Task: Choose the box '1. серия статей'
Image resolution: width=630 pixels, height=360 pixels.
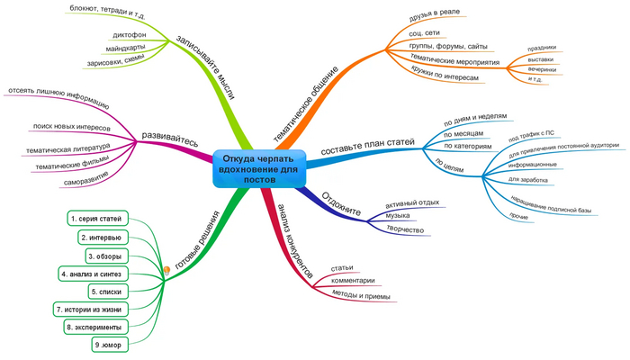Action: (x=99, y=219)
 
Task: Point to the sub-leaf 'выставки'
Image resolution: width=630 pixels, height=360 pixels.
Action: (x=542, y=59)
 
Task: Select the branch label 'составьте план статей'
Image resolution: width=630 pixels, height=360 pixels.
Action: (x=368, y=142)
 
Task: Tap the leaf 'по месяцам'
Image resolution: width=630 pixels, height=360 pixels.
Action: (x=464, y=131)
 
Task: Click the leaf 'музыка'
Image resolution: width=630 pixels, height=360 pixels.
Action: (x=398, y=215)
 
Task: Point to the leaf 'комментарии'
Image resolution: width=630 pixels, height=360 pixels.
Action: (x=353, y=281)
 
